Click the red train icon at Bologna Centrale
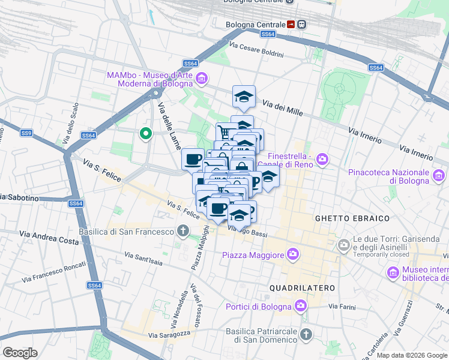(291, 25)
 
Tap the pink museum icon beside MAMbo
(202, 79)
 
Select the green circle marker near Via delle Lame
(145, 133)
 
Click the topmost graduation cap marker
(244, 96)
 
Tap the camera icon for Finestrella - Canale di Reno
(323, 159)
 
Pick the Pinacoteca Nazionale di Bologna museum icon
(439, 176)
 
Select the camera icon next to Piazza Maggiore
(292, 255)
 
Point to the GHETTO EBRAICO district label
(352, 218)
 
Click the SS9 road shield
(26, 133)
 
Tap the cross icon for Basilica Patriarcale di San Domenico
(306, 334)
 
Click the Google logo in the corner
(20, 352)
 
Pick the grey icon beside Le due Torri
(343, 244)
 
